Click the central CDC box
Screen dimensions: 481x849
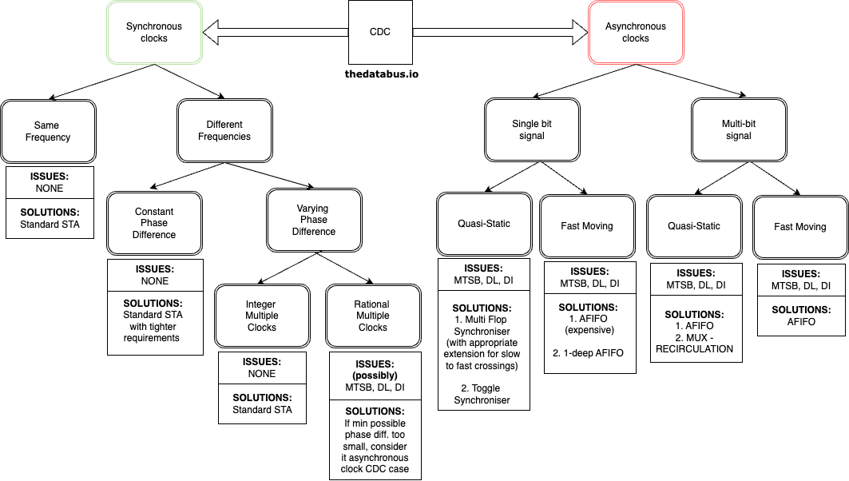380,33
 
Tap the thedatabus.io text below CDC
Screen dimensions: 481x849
381,74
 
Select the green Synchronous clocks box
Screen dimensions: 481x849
154,33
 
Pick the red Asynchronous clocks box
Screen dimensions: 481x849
635,33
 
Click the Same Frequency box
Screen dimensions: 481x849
48,131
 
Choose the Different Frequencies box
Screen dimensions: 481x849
224,131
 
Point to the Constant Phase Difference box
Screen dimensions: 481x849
154,224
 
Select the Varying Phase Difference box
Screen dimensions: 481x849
314,221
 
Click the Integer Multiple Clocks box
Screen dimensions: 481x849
262,316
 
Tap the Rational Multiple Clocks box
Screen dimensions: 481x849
373,316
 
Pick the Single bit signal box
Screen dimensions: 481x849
532,129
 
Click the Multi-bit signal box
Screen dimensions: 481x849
739,129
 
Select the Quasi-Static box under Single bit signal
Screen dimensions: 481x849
484,225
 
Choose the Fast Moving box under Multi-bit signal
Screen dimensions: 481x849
800,227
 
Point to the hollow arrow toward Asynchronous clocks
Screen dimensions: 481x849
500,33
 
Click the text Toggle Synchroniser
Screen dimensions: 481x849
484,394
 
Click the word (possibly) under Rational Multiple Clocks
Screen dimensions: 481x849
375,375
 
